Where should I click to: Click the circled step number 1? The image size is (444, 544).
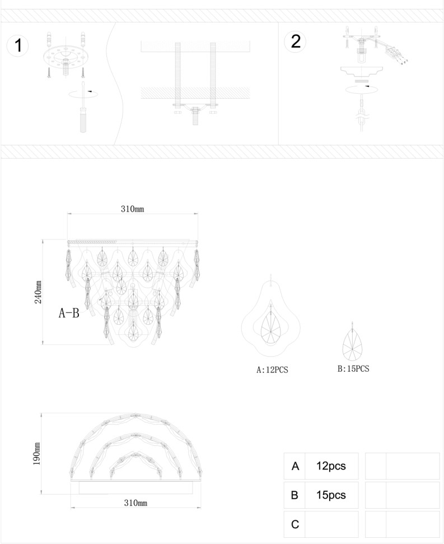click(x=18, y=45)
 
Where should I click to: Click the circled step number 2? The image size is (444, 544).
click(x=296, y=42)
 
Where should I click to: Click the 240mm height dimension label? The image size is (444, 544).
click(x=38, y=292)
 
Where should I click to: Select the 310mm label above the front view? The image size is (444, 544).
click(x=132, y=209)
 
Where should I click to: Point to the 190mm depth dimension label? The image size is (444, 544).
click(x=37, y=454)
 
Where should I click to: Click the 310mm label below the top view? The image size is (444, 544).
click(x=135, y=502)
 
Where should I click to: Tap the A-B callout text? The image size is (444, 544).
click(x=69, y=313)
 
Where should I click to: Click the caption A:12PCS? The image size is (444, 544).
click(x=272, y=370)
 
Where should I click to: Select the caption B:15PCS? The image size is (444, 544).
click(x=353, y=369)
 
